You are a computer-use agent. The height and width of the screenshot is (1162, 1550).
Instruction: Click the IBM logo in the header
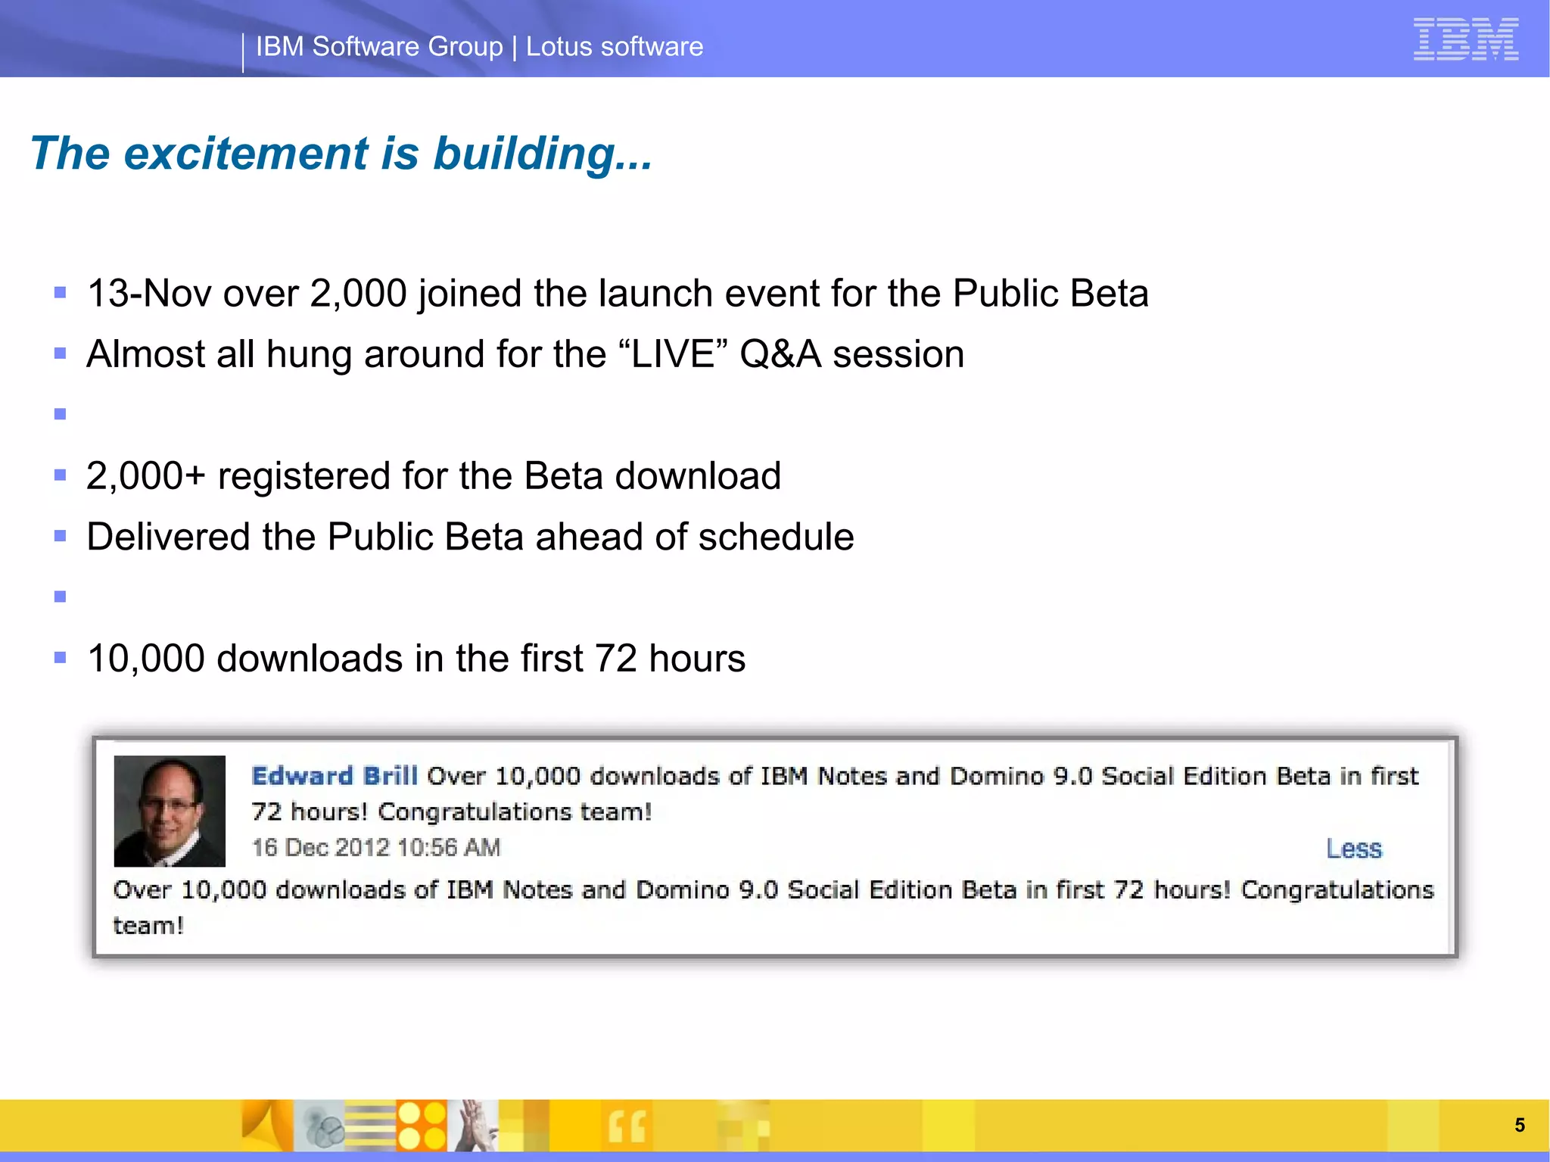(1465, 39)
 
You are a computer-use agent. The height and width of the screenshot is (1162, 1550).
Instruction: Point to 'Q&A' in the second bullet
(780, 354)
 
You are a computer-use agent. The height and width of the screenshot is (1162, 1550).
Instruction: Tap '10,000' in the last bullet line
(145, 659)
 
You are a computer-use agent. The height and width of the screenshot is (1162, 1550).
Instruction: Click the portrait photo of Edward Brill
(170, 811)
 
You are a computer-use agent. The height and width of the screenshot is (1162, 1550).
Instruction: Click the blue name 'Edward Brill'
(334, 776)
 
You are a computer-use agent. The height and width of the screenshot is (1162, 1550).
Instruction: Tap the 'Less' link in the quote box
(1353, 849)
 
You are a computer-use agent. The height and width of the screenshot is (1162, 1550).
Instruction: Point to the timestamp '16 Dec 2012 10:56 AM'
(375, 847)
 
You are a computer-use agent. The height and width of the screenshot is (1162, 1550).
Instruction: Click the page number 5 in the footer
(1519, 1125)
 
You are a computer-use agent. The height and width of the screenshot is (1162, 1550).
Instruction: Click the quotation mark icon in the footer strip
(627, 1126)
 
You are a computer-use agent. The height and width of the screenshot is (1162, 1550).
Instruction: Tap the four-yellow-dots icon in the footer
(422, 1125)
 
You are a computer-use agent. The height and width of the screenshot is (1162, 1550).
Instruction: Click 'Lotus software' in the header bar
(614, 47)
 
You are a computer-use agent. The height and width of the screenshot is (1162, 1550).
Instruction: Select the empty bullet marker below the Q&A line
(61, 414)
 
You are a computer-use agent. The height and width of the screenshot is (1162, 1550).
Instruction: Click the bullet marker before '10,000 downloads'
(61, 658)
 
